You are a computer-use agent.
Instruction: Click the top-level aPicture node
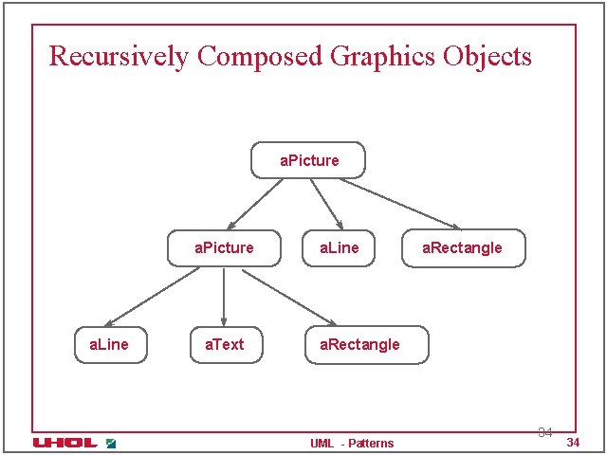tap(308, 160)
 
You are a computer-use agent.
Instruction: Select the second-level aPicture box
tap(224, 248)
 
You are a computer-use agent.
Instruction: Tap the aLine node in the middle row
tap(339, 248)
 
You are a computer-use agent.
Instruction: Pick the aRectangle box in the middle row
tap(462, 248)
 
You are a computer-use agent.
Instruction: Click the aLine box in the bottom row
tap(109, 345)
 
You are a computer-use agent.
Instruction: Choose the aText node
tap(224, 345)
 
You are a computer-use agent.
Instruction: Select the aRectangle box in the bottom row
tap(366, 345)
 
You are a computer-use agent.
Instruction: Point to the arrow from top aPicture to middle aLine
tap(324, 203)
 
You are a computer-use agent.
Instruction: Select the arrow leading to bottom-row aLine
tap(152, 297)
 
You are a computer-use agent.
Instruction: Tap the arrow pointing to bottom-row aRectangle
tap(288, 297)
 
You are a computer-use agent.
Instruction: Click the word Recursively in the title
tap(120, 57)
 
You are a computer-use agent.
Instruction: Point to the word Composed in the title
tap(260, 57)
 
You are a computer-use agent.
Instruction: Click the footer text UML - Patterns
tap(352, 444)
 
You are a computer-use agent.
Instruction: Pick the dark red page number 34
tap(572, 444)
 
